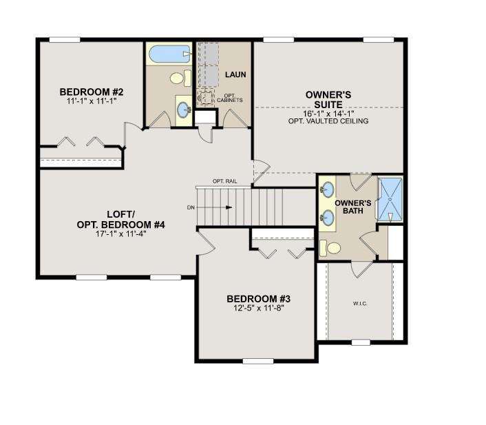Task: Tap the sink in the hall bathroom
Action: [x=184, y=109]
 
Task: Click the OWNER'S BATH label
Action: [x=353, y=207]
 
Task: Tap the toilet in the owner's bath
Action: [x=332, y=248]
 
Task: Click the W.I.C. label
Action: [x=359, y=303]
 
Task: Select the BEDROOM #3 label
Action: [x=259, y=299]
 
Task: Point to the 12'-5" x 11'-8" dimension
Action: [x=259, y=309]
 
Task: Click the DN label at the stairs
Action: [x=191, y=207]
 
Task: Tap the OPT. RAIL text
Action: [x=224, y=181]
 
